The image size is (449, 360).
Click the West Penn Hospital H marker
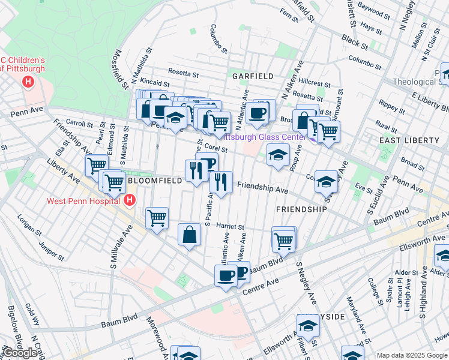point(129,200)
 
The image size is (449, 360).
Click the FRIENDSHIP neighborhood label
point(301,209)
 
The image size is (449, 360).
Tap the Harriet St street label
point(229,227)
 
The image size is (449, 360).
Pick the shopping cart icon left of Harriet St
point(157,218)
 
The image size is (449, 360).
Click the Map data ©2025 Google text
point(412,355)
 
